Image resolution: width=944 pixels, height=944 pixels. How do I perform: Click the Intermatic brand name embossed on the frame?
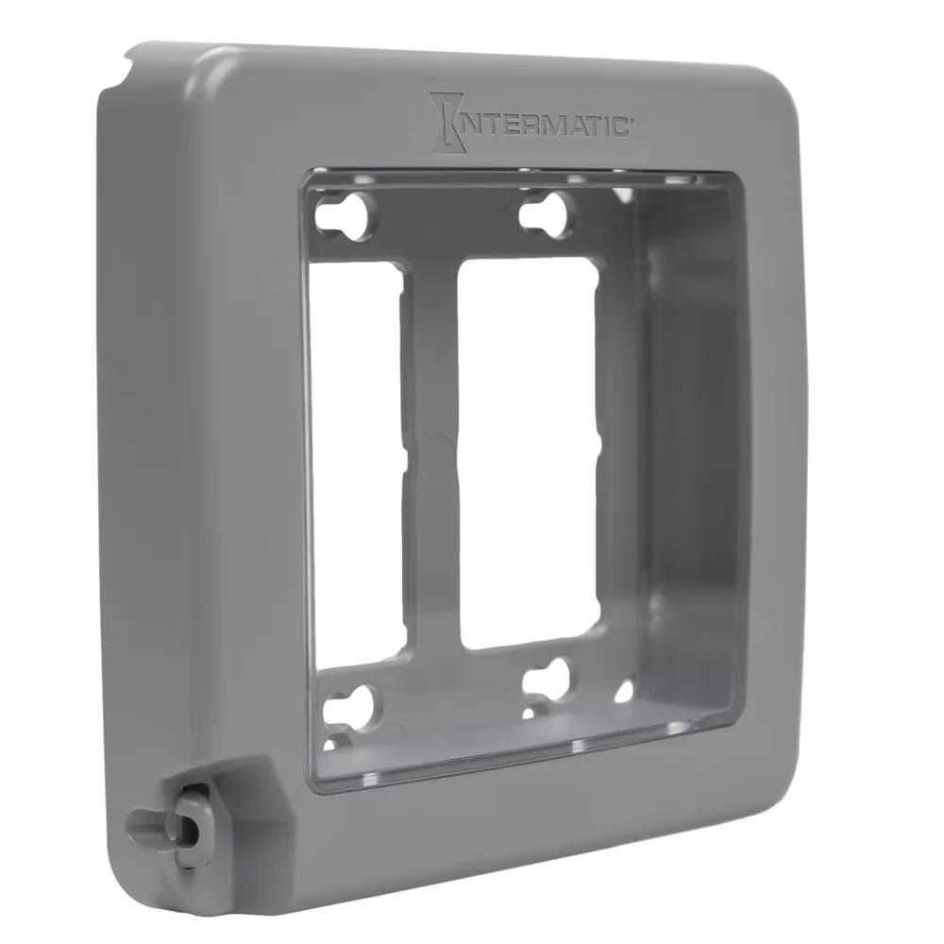[x=531, y=121]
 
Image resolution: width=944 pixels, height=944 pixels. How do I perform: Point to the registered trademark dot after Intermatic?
[x=630, y=121]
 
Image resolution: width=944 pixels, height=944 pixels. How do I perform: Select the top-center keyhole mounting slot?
[x=546, y=215]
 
